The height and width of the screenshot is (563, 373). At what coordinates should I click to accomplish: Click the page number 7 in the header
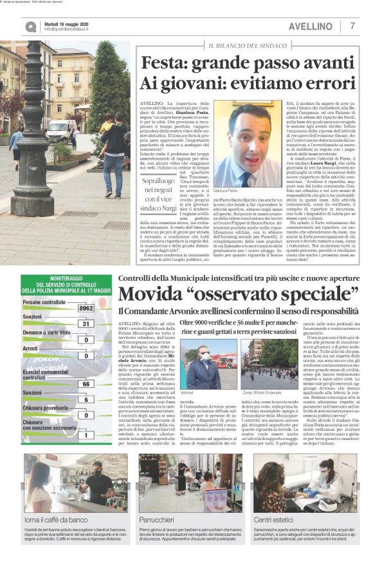(x=352, y=26)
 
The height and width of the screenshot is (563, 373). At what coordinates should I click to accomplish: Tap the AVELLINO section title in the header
(x=311, y=26)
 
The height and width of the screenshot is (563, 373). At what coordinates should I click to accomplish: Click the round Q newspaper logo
(x=31, y=26)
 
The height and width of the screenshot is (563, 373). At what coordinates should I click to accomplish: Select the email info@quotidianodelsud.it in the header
(x=70, y=30)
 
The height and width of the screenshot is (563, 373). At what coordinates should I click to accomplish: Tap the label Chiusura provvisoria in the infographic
(x=48, y=407)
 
